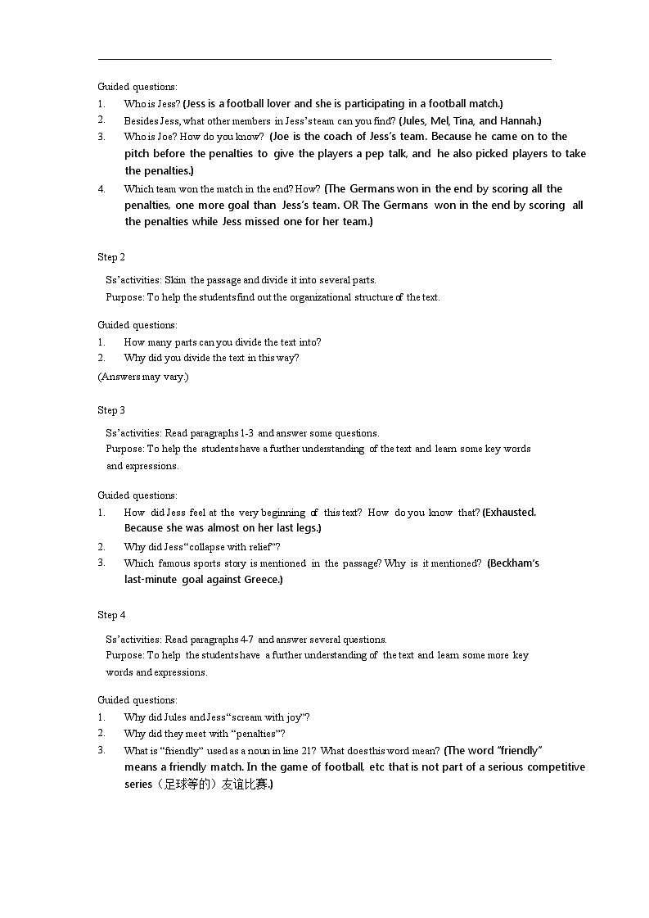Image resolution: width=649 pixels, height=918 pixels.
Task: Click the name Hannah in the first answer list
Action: (x=519, y=120)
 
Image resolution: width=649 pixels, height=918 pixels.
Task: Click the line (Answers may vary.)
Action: (x=143, y=377)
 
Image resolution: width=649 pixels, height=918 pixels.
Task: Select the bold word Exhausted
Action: (x=511, y=513)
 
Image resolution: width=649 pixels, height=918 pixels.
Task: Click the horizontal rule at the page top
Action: (x=324, y=59)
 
